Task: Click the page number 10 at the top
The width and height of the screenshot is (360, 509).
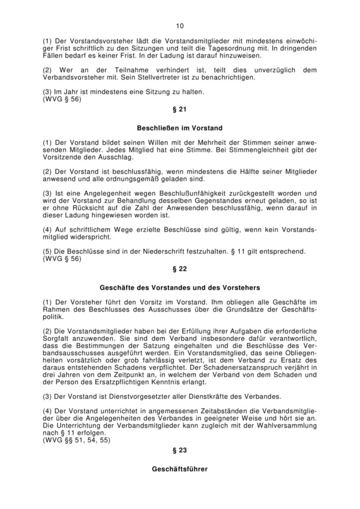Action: (180, 26)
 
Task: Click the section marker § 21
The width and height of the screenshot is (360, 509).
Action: (180, 109)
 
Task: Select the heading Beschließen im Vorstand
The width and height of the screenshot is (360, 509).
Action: (180, 128)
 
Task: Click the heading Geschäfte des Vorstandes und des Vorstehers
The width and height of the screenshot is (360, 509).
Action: (180, 287)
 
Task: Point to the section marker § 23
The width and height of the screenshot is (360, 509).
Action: (180, 450)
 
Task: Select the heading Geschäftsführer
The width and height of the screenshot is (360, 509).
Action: (180, 469)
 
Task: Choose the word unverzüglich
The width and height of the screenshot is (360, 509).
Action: (261, 70)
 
